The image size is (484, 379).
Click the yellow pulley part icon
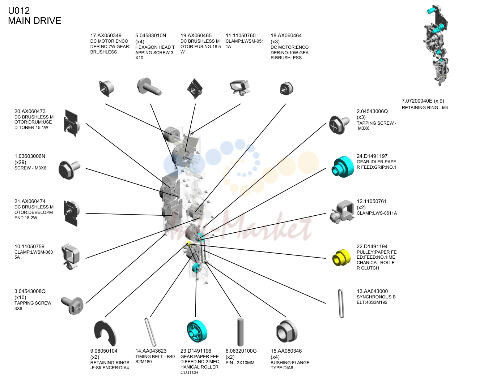pyautogui.click(x=341, y=257)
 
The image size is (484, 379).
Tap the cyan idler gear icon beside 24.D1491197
pyautogui.click(x=342, y=167)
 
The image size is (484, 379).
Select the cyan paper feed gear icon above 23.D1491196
pyautogui.click(x=197, y=331)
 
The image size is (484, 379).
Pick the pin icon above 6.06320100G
pyautogui.click(x=240, y=332)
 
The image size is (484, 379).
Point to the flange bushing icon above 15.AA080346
pyautogui.click(x=286, y=331)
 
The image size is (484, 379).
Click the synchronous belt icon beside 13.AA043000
pyautogui.click(x=341, y=303)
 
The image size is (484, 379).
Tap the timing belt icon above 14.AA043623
pyautogui.click(x=150, y=332)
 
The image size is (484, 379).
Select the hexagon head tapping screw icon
pyautogui.click(x=149, y=86)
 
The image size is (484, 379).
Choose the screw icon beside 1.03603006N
pyautogui.click(x=69, y=170)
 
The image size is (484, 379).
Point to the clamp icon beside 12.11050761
pyautogui.click(x=342, y=211)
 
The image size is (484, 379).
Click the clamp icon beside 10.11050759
pyautogui.click(x=71, y=256)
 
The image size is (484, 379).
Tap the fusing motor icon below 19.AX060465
pyautogui.click(x=195, y=88)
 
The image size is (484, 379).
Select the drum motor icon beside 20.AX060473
pyautogui.click(x=72, y=123)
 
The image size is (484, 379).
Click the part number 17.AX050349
pyautogui.click(x=106, y=35)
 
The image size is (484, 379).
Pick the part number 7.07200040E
pyautogui.click(x=417, y=101)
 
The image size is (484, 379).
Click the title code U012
pyautogui.click(x=19, y=11)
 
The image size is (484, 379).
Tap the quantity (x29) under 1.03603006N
pyautogui.click(x=20, y=162)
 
